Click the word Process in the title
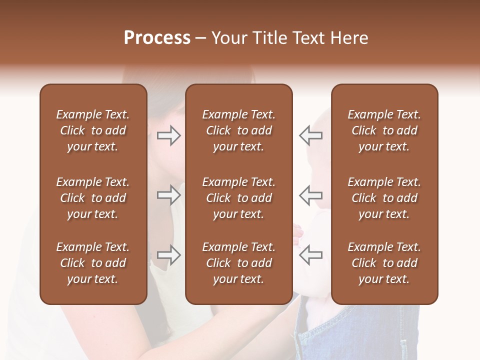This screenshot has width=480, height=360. coord(157,38)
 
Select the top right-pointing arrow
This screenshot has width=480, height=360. coord(168,135)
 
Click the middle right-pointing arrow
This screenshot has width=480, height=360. coord(168,195)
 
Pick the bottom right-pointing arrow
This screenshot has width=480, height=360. coord(168,255)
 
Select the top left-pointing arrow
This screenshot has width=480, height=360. coord(311,135)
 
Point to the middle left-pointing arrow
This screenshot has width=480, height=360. coord(311,195)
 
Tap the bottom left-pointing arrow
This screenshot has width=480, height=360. coord(311,255)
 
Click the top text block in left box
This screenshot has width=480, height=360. coord(93,130)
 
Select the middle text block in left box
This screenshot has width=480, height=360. coord(93,198)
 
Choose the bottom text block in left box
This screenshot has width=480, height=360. coord(93,263)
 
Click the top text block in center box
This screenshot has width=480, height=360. coord(238,130)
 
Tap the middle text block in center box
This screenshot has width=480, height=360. coord(238,198)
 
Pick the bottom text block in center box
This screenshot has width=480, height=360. coord(238,263)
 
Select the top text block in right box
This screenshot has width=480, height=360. coord(384,130)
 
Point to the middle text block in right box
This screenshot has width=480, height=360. coord(384,198)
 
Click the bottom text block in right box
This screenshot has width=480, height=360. coord(384,263)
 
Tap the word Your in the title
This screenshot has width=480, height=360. coord(227,38)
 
